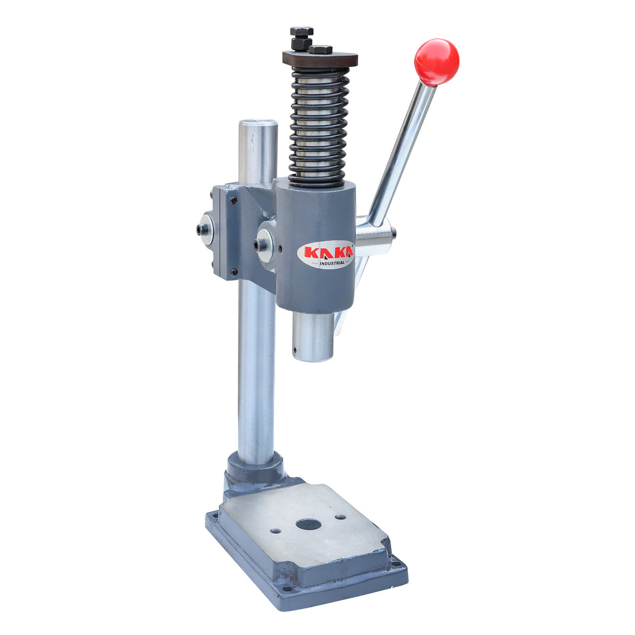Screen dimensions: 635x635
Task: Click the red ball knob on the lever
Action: pos(436,62)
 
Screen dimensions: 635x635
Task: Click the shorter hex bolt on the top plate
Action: pos(321,50)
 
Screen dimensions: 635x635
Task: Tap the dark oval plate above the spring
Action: pos(320,59)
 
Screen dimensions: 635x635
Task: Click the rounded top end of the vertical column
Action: pos(258,126)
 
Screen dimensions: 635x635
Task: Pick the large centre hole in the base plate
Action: pos(308,524)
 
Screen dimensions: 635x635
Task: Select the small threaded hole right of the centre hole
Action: pos(341,517)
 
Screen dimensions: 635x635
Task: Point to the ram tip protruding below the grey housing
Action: pos(313,337)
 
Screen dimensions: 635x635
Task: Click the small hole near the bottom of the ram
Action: pos(295,347)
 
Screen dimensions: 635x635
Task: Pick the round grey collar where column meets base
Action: pos(255,469)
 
